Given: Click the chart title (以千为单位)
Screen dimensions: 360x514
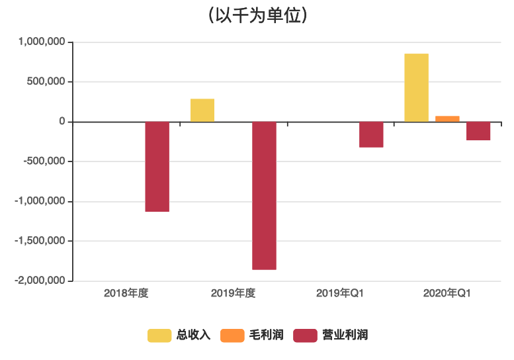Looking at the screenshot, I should click(257, 15).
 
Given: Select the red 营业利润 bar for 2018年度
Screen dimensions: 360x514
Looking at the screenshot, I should click(157, 167).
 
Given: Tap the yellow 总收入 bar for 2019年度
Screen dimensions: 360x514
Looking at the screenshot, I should click(202, 111).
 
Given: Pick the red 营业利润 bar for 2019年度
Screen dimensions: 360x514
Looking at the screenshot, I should click(264, 195).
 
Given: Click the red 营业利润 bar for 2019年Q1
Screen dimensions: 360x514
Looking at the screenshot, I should click(371, 134).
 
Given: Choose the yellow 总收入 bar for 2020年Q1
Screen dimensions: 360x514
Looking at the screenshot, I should click(416, 87).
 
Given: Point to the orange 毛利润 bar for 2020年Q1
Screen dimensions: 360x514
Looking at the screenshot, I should click(447, 119).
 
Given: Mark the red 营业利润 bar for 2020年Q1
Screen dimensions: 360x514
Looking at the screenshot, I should click(478, 131).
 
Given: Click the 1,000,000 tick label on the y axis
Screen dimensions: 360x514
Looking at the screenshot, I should click(42, 42).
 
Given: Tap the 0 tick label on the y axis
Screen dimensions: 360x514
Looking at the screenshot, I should click(62, 122).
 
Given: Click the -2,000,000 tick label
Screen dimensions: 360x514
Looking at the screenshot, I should click(40, 281).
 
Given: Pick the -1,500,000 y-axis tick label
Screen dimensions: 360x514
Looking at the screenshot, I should click(40, 241).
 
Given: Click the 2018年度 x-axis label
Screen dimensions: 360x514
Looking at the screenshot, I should click(126, 292).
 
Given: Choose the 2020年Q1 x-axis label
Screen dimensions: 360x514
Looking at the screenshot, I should click(447, 292).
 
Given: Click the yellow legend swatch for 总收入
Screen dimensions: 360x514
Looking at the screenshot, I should click(159, 336).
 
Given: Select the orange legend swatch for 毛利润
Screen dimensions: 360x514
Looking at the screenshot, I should click(232, 336).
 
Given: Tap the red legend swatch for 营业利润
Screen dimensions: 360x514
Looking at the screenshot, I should click(305, 336).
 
